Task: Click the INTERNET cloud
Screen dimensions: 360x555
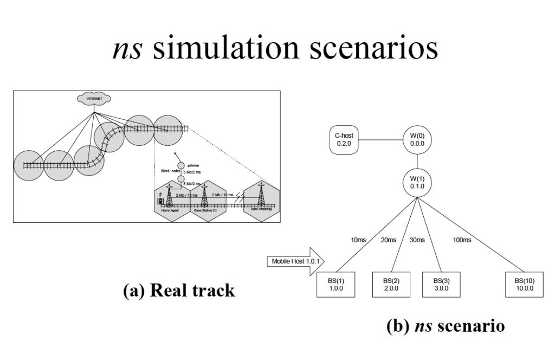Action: (94, 99)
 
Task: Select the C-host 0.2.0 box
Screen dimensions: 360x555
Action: (346, 139)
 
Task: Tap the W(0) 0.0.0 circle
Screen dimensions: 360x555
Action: (417, 139)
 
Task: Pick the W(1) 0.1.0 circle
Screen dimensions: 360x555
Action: (417, 183)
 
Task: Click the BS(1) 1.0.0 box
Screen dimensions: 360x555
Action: (335, 285)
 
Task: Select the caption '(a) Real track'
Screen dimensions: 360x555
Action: (179, 291)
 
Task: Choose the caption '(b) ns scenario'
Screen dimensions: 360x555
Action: (446, 326)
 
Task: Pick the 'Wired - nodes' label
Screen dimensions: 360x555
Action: (171, 171)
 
